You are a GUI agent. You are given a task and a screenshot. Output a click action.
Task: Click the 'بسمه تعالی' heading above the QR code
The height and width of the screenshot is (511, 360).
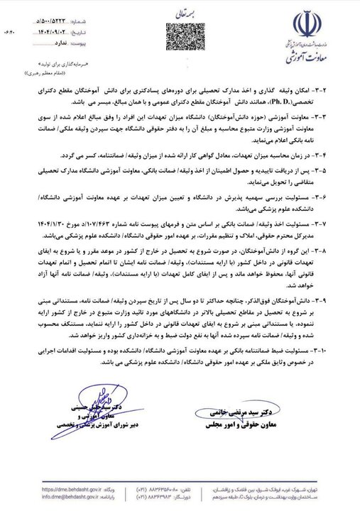coord(179,13)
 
